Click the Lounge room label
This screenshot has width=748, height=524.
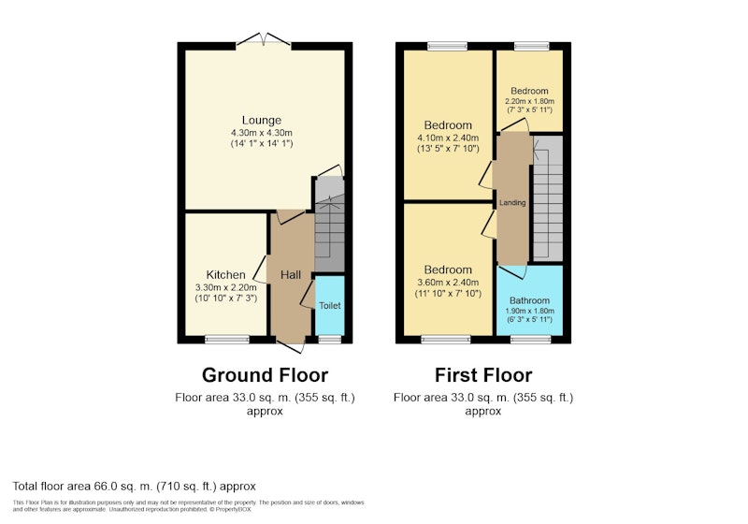point(262,121)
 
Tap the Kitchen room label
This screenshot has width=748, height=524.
point(225,275)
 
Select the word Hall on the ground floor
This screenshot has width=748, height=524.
point(291,275)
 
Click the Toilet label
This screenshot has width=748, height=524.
point(330,305)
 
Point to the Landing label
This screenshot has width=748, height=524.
point(512,203)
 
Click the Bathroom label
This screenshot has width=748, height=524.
point(529,300)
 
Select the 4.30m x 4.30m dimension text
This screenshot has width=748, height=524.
point(262,133)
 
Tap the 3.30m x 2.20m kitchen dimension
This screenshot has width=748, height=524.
point(225,288)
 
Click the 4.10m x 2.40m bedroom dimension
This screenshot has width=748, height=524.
point(448,138)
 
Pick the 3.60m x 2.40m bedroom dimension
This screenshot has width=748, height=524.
point(448,283)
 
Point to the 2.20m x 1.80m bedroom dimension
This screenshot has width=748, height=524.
point(529,101)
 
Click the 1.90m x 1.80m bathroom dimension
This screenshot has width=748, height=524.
point(529,311)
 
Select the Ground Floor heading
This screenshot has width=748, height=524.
point(265,375)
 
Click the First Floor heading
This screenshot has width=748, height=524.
point(483,375)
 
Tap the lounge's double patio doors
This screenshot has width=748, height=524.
point(263,40)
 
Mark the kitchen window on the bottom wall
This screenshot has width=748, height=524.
point(227,340)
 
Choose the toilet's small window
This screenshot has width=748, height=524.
point(330,340)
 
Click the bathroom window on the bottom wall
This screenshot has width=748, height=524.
point(530,340)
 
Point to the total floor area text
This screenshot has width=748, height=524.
point(134,487)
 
